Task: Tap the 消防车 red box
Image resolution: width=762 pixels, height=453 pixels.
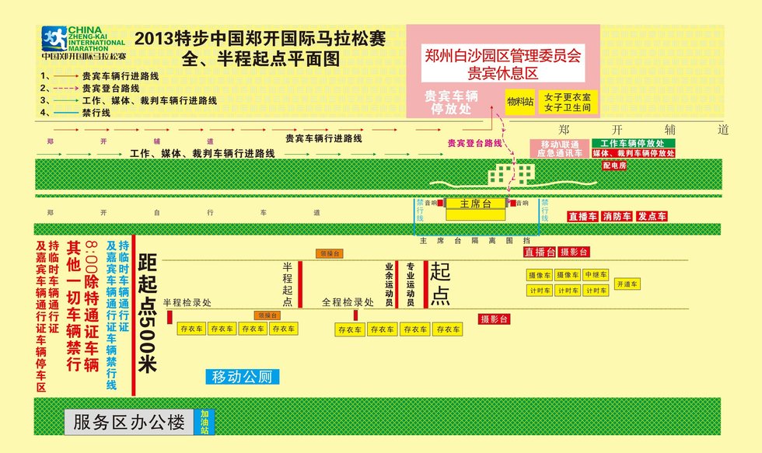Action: tap(617, 217)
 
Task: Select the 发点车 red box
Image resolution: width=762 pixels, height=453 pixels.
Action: tap(652, 217)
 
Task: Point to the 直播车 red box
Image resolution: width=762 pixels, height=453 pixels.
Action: tap(582, 217)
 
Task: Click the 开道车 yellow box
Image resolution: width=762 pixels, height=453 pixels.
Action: tap(626, 284)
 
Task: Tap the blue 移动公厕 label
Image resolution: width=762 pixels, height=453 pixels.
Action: tap(241, 378)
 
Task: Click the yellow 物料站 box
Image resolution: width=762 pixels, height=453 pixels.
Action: tap(520, 102)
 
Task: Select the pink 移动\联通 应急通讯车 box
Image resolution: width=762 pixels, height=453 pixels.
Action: tap(556, 148)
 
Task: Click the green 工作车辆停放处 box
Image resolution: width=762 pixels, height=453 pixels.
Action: tap(633, 144)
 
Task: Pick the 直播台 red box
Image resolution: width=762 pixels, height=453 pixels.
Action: tap(539, 253)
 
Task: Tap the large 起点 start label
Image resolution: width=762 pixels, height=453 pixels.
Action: tap(440, 284)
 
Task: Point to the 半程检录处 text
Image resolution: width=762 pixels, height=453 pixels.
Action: tap(187, 303)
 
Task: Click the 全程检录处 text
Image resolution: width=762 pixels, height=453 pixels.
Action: tap(348, 302)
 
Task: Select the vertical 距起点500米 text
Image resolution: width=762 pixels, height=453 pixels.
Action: tap(148, 313)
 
